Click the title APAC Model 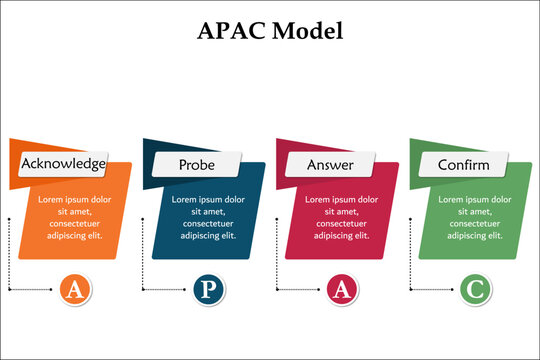pyautogui.click(x=270, y=31)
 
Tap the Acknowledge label pyautogui.click(x=64, y=163)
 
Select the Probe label pyautogui.click(x=196, y=163)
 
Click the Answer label pyautogui.click(x=330, y=163)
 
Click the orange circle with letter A pyautogui.click(x=73, y=289)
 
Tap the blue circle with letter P pyautogui.click(x=207, y=289)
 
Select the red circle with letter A pyautogui.click(x=341, y=289)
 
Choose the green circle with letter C pyautogui.click(x=475, y=289)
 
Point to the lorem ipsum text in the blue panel pyautogui.click(x=208, y=218)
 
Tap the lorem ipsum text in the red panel pyautogui.click(x=341, y=218)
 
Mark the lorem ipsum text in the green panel pyautogui.click(x=475, y=218)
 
